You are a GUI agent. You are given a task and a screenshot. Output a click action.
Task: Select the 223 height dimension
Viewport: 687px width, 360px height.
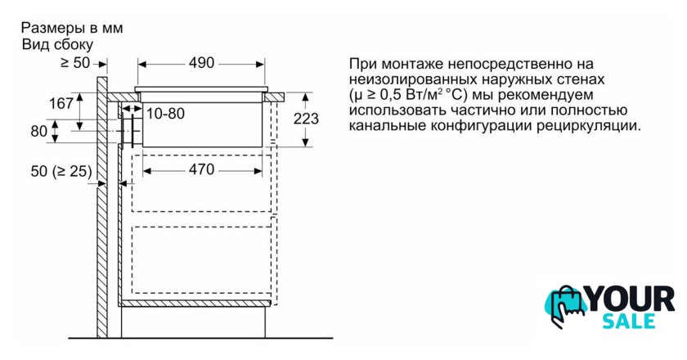[306, 119]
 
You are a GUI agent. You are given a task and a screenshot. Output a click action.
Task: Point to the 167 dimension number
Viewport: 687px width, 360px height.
[61, 104]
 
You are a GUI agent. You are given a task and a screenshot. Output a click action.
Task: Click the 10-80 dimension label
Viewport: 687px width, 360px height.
[166, 114]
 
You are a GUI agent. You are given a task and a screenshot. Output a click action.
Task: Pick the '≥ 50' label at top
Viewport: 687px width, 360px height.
[75, 62]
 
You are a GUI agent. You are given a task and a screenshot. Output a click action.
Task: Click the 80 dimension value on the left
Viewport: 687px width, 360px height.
[38, 130]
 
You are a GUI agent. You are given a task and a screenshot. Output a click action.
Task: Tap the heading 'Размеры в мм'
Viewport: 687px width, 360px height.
[71, 28]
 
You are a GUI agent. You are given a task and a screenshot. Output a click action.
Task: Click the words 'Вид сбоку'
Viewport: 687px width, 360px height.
[57, 44]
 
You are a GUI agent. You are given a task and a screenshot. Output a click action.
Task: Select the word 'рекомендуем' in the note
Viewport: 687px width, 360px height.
[543, 95]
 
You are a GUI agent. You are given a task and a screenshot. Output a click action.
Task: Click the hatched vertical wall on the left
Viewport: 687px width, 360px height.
[101, 205]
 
